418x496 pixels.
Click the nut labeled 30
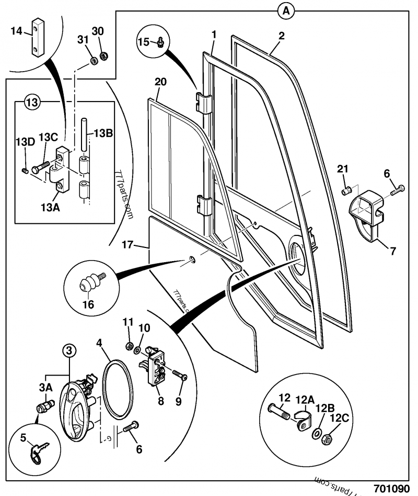coord(103,53)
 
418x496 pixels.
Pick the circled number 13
coord(32,102)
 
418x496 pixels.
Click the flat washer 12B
coord(317,433)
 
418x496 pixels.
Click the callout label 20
coord(161,82)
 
